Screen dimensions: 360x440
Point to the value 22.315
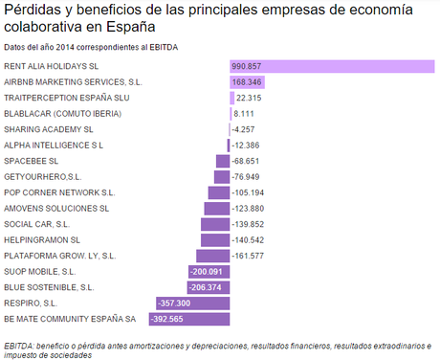[x=249, y=98]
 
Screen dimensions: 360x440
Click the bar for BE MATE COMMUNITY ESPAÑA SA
[x=202, y=319]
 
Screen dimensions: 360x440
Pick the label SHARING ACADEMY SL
[x=49, y=129]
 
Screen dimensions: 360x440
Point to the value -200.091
[x=210, y=271]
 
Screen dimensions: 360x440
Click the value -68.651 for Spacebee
[x=248, y=161]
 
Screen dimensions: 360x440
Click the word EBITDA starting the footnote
[x=18, y=345]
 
